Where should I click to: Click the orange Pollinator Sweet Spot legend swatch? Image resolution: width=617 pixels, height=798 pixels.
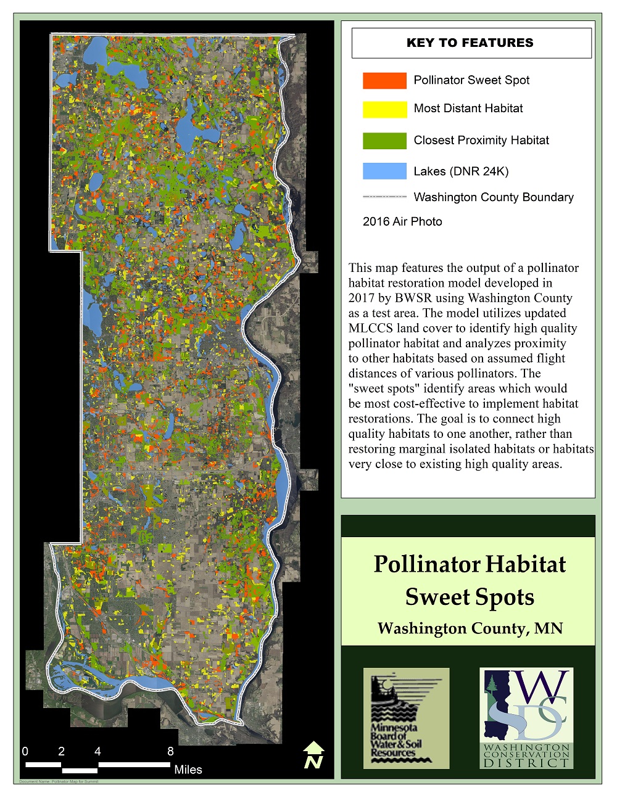[x=384, y=80]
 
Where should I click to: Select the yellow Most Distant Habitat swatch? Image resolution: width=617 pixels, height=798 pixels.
[x=384, y=109]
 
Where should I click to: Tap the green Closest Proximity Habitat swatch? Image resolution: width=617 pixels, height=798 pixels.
[x=384, y=141]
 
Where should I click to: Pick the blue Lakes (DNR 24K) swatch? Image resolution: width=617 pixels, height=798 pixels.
[x=384, y=171]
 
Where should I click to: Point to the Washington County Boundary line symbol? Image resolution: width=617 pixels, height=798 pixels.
[x=384, y=197]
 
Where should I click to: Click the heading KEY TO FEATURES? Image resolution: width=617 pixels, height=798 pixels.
[x=470, y=43]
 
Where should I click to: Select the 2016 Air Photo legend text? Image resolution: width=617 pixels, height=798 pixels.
[x=402, y=221]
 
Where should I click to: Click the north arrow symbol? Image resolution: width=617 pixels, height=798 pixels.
[x=313, y=755]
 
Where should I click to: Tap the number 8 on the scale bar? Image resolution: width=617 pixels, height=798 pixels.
[x=170, y=751]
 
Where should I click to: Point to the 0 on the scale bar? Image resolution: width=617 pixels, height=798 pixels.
[x=25, y=751]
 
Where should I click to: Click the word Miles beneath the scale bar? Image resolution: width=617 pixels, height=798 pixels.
[x=188, y=770]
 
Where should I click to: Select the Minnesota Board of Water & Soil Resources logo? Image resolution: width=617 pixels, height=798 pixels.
[x=406, y=718]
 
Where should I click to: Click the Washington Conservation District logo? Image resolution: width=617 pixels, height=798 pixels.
[x=526, y=718]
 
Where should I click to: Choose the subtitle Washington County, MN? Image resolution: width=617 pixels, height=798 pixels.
[x=470, y=628]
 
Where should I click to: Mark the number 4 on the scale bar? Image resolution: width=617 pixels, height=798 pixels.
[x=97, y=751]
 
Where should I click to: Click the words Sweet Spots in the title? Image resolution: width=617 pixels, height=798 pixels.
[x=470, y=597]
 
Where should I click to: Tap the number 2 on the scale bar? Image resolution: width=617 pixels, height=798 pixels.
[x=61, y=751]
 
